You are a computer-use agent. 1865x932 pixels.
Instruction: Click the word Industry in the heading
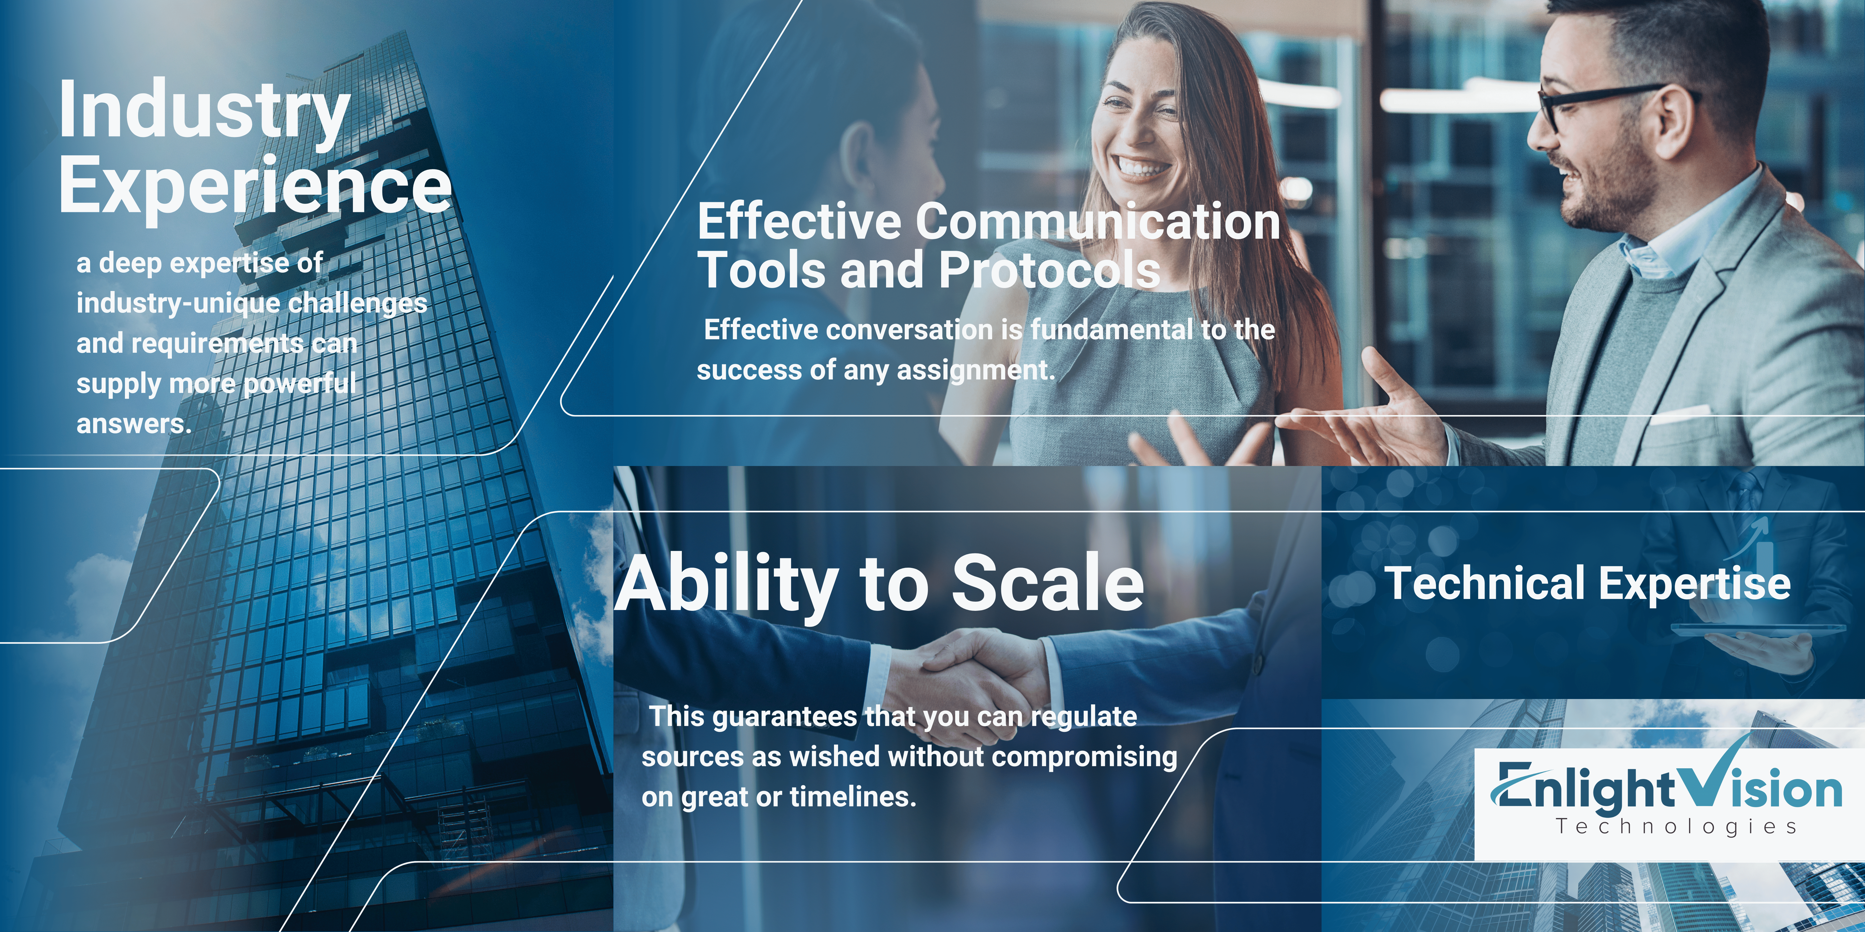point(204,112)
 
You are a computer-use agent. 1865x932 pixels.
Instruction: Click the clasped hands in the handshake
point(970,677)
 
